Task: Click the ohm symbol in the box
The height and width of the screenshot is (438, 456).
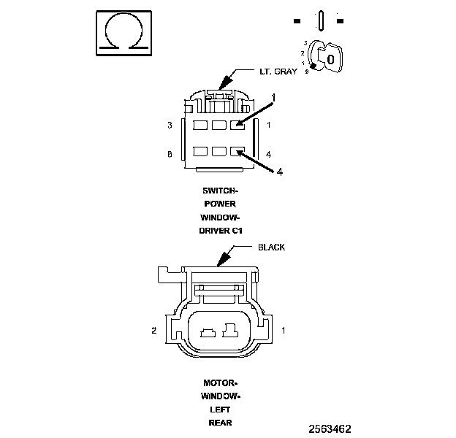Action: [x=125, y=33]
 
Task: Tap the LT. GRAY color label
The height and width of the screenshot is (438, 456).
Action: [x=278, y=72]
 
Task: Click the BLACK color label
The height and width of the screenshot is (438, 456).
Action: [x=272, y=247]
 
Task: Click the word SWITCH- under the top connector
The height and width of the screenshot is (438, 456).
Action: [x=221, y=191]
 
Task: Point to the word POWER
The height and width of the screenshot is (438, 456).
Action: [x=220, y=204]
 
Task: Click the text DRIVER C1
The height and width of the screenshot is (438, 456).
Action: [x=221, y=230]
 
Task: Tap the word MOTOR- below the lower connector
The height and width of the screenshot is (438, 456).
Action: [x=220, y=383]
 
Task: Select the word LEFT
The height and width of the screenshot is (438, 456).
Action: [x=220, y=410]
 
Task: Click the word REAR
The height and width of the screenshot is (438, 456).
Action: [x=220, y=423]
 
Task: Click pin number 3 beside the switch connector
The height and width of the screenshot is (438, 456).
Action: [x=170, y=126]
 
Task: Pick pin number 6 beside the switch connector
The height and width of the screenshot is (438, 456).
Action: [x=170, y=154]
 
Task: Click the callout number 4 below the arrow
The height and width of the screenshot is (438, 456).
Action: [x=278, y=172]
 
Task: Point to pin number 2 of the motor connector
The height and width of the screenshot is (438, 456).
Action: [x=154, y=331]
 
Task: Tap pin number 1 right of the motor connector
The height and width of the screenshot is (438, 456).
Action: [x=283, y=331]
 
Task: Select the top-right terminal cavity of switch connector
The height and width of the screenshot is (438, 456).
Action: [x=237, y=126]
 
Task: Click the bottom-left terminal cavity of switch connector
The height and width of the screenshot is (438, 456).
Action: [x=199, y=153]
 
